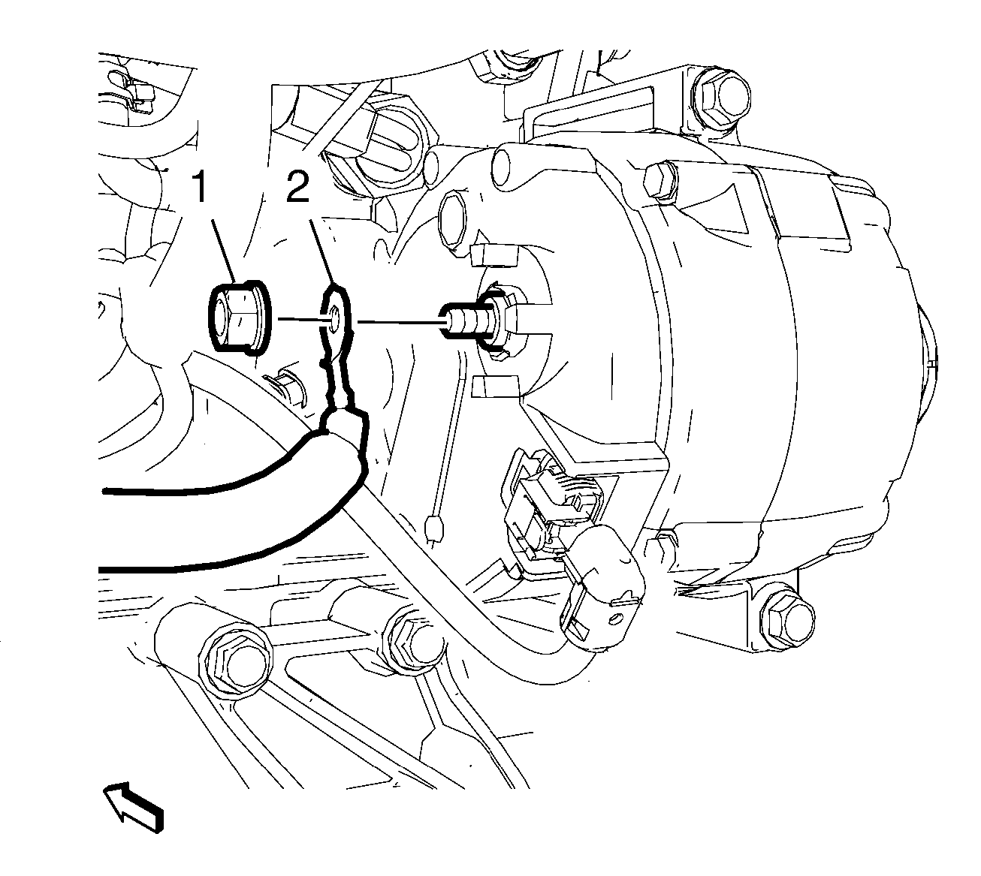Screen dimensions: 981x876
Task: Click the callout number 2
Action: (x=297, y=188)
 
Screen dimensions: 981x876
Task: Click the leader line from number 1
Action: (x=224, y=251)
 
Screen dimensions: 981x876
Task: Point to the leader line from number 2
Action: (x=321, y=251)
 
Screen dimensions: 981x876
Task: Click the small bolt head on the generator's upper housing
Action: (x=662, y=179)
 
